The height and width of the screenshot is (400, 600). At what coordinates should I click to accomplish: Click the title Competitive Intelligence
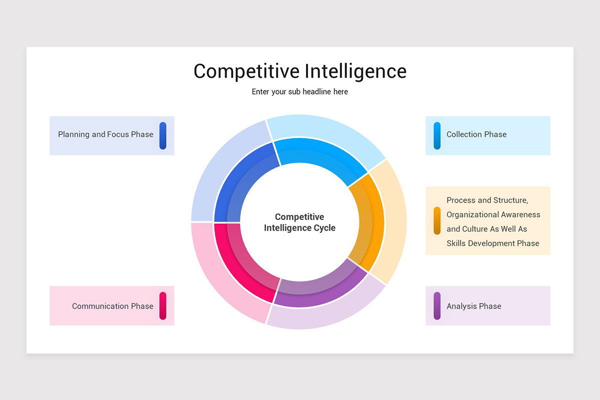[300, 71]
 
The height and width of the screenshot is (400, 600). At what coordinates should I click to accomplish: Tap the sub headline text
[299, 91]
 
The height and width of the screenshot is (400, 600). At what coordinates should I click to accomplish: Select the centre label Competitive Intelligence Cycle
[299, 222]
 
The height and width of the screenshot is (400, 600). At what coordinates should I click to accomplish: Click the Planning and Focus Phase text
[105, 134]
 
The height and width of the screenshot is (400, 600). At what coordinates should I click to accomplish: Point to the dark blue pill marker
[163, 135]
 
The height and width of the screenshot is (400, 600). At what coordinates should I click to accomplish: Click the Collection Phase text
[476, 134]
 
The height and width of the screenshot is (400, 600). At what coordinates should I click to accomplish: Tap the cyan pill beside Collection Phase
[437, 135]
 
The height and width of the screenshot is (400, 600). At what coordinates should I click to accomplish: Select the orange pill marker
[437, 220]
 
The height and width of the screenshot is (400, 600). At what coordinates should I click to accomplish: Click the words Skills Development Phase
[493, 243]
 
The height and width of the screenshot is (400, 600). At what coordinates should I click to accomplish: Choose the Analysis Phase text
[474, 306]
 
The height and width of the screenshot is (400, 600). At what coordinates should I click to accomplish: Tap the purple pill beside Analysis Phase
[437, 305]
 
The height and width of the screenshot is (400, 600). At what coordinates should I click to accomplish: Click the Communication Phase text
[112, 306]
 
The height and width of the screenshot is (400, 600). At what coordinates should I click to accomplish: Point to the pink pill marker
[163, 305]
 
